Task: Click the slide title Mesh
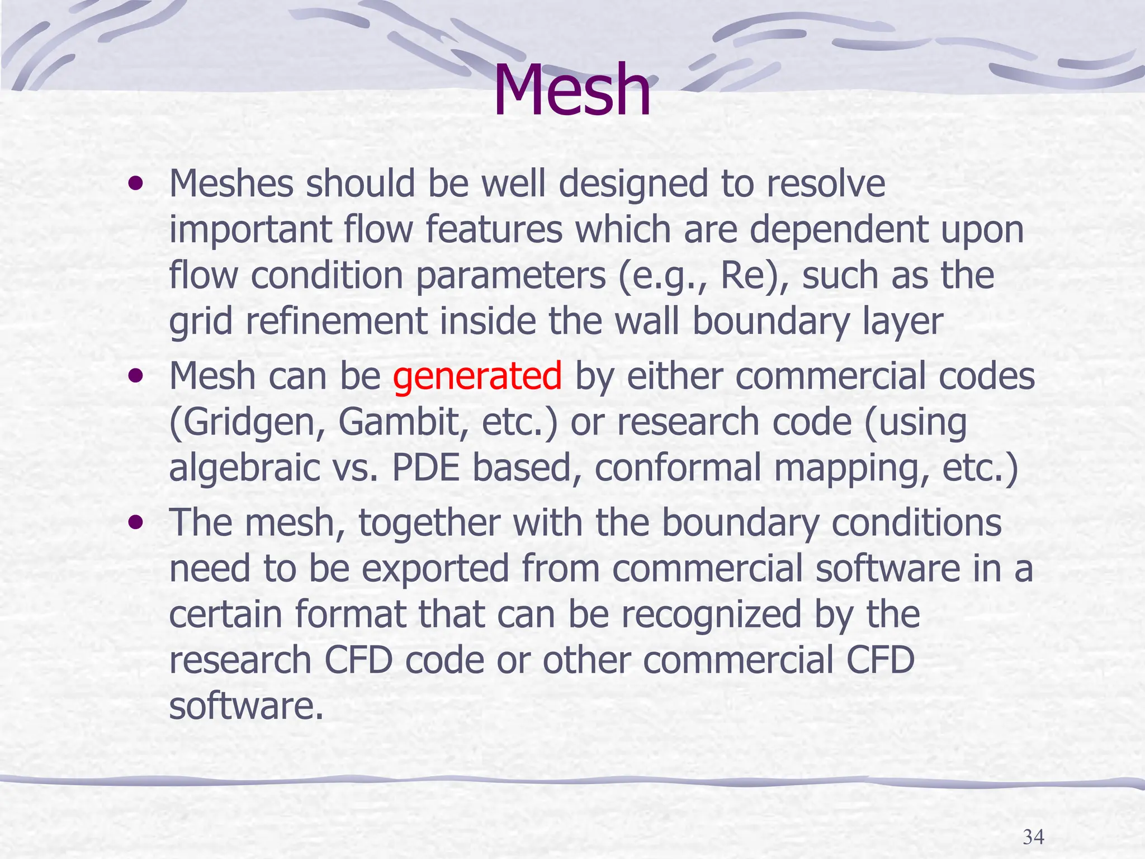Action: click(x=571, y=91)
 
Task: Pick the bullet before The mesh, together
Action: click(x=135, y=523)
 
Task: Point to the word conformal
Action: click(x=677, y=468)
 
